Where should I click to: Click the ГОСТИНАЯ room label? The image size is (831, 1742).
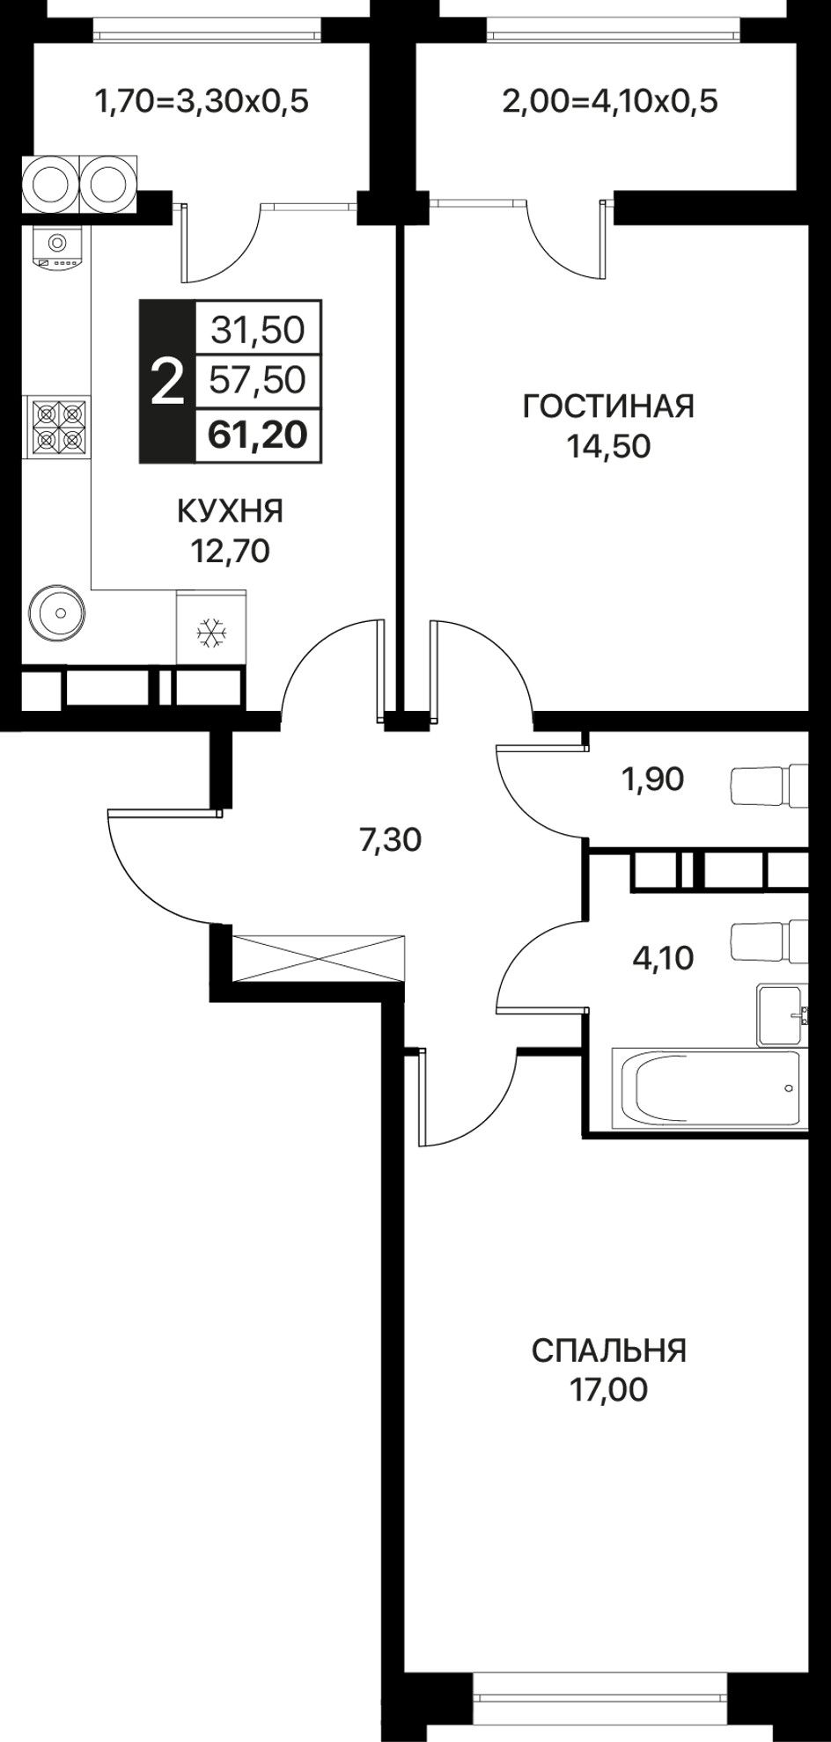(x=608, y=406)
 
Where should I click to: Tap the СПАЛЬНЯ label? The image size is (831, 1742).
(x=608, y=1350)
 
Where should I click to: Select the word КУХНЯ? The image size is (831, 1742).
(x=231, y=510)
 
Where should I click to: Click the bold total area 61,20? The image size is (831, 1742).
(x=257, y=434)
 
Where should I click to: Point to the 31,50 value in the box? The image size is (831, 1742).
(x=257, y=329)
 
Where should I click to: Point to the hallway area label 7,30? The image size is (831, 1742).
(x=390, y=841)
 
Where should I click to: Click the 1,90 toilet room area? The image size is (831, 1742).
(x=652, y=780)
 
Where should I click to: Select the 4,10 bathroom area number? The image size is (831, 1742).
(x=663, y=957)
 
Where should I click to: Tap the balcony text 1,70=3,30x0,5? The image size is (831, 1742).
(x=202, y=103)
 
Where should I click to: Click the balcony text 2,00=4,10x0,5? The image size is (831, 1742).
(x=610, y=102)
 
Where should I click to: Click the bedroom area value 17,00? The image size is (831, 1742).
(x=608, y=1390)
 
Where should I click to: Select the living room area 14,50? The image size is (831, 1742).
(x=608, y=447)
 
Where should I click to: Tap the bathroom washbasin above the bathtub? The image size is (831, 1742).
(x=781, y=1014)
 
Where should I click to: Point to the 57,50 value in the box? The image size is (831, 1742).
(x=257, y=380)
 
